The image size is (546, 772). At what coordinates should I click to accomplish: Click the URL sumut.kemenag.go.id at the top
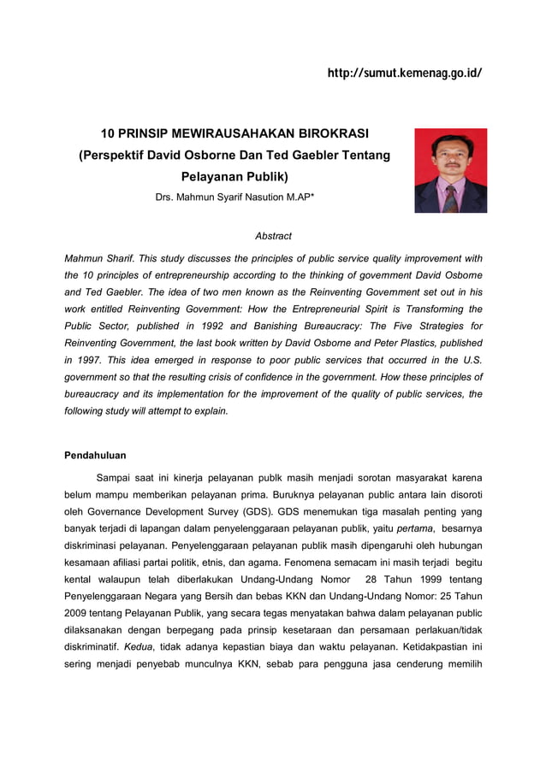pyautogui.click(x=405, y=74)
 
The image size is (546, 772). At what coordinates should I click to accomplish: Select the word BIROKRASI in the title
pyautogui.click(x=330, y=134)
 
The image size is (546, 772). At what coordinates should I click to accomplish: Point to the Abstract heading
pyautogui.click(x=273, y=236)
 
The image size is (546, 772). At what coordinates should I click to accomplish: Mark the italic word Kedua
pyautogui.click(x=139, y=646)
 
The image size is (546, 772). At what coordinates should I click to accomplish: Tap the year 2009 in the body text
pyautogui.click(x=82, y=612)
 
